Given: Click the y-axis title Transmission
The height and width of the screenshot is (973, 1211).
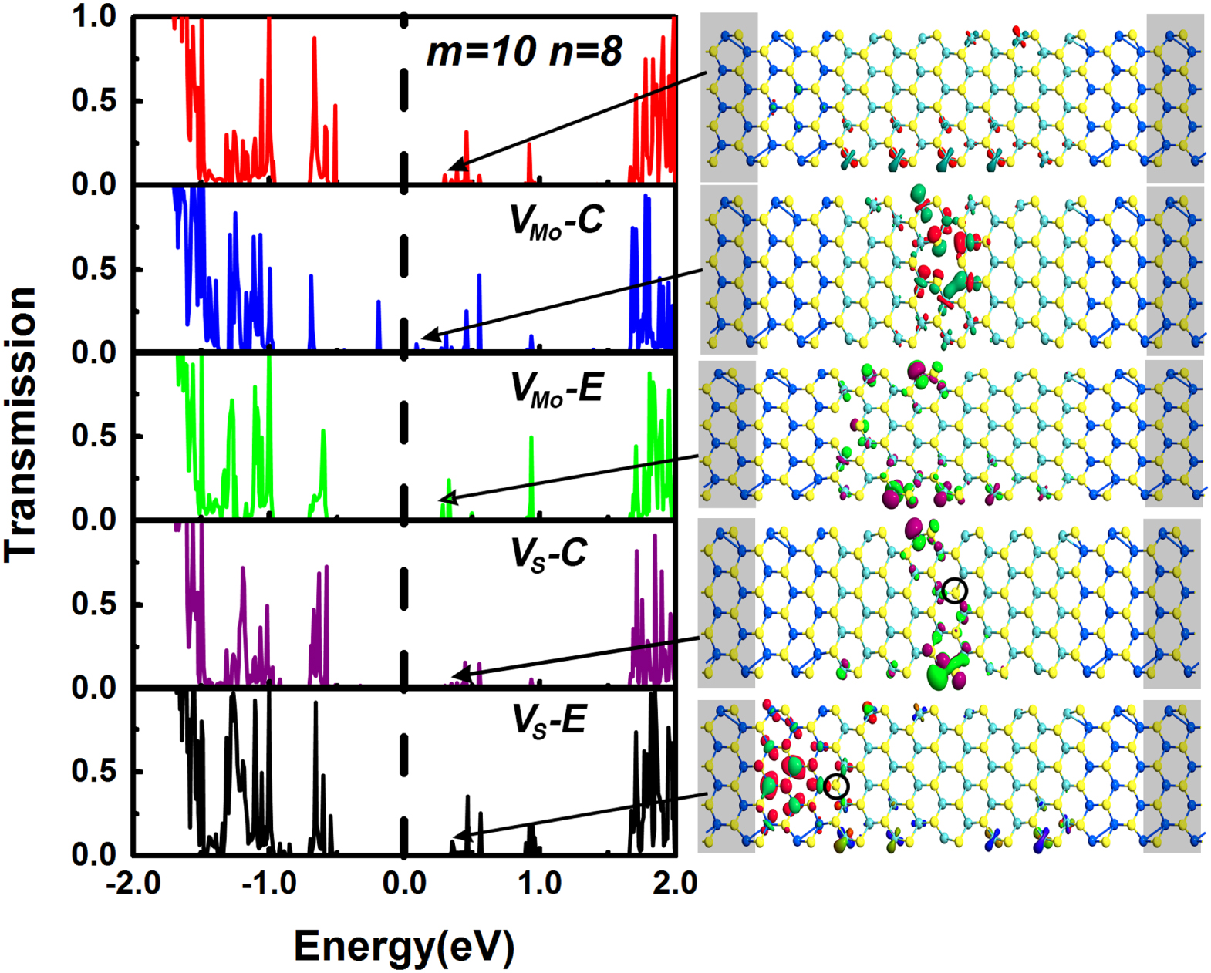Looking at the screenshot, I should (21, 424).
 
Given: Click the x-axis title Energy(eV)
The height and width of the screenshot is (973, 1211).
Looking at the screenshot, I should (403, 946).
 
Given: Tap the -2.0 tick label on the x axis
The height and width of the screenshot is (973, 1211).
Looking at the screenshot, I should (133, 883).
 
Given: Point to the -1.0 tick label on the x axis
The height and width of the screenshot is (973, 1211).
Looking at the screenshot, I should (268, 883).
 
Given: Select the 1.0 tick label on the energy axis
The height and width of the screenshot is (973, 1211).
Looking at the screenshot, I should (539, 883).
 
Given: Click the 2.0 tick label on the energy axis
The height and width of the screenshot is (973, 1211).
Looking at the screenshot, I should (675, 883).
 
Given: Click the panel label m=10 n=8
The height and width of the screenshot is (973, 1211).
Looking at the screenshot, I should (524, 52).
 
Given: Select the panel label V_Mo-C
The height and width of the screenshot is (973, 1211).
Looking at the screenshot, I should (556, 222).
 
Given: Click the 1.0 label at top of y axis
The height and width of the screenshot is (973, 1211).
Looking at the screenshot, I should (93, 17).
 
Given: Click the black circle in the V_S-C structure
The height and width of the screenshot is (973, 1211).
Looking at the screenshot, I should (954, 590).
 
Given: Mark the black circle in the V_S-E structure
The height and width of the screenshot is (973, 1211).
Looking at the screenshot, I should (836, 786).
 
